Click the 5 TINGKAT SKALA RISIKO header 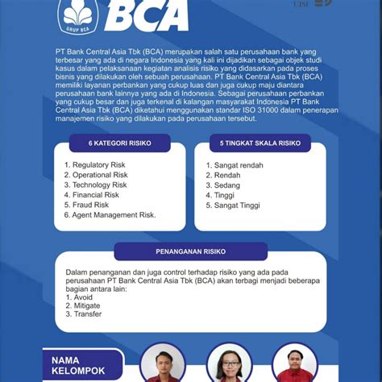(x=260, y=143)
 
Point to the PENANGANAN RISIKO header (x=190, y=251)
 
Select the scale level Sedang (x=222, y=185)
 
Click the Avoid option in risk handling (x=81, y=297)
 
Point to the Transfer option (x=84, y=314)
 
